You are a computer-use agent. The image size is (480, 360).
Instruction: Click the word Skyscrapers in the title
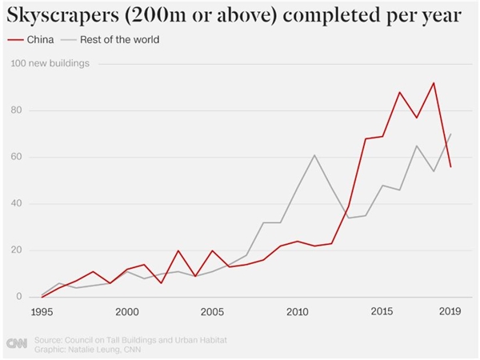pos(62,15)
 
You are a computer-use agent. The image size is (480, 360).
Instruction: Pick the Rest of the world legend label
pos(120,39)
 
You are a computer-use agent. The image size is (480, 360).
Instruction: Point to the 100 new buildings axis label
pos(50,63)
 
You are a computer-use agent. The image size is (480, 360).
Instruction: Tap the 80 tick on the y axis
pos(16,110)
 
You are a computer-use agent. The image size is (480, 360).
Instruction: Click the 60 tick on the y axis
pos(16,157)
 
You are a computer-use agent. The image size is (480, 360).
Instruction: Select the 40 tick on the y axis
pos(16,203)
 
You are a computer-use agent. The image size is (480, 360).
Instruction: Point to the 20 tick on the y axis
pos(16,250)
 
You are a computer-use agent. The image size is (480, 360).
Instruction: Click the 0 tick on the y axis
pos(19,296)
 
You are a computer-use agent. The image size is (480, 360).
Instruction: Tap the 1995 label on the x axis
pos(42,312)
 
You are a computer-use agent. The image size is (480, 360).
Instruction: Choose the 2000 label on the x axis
pos(127,312)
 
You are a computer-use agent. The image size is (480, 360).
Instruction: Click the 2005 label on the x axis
pos(212,312)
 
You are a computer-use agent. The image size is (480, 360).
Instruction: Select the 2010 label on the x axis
pos(298,312)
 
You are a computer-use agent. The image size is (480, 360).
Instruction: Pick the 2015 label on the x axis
pos(382,311)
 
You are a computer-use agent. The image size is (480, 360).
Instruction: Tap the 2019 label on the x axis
pos(450,311)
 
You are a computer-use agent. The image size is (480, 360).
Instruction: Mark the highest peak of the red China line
pos(434,82)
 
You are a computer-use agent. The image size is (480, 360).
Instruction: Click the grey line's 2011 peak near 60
pos(314,155)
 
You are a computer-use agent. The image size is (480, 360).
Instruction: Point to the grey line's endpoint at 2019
pos(450,134)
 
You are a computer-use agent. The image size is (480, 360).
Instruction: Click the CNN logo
pos(17,343)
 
